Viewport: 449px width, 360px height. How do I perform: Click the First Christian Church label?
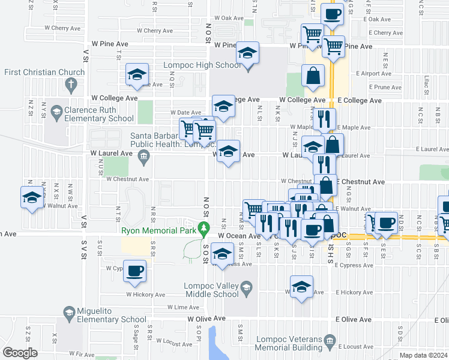pyautogui.click(x=35, y=73)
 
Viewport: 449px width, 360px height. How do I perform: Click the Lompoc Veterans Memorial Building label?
pyautogui.click(x=289, y=343)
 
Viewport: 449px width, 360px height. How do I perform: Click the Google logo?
pyautogui.click(x=20, y=353)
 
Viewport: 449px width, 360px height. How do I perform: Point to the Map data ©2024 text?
pyautogui.click(x=423, y=355)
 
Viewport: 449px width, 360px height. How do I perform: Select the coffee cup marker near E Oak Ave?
pyautogui.click(x=332, y=14)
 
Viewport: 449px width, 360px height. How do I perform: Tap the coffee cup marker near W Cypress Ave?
pyautogui.click(x=135, y=270)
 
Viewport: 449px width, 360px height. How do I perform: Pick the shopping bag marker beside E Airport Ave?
pyautogui.click(x=313, y=76)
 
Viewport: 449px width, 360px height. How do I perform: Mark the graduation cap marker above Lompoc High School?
pyautogui.click(x=247, y=52)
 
